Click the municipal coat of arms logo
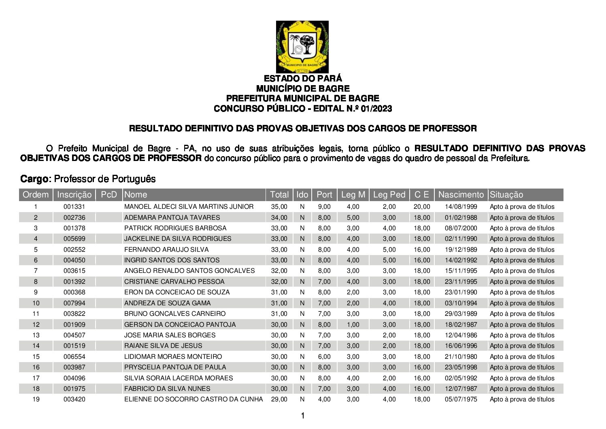(x=302, y=47)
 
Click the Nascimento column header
(x=461, y=195)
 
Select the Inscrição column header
(x=74, y=195)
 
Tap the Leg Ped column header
(x=389, y=195)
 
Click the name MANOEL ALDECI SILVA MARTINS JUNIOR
(x=189, y=207)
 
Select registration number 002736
(x=74, y=217)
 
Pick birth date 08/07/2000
(x=461, y=228)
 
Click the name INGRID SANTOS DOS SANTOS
(x=172, y=260)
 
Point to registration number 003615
(x=74, y=271)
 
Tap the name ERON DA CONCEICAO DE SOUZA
(x=176, y=292)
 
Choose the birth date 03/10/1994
(x=461, y=303)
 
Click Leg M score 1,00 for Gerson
(x=353, y=324)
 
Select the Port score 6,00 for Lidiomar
(x=324, y=357)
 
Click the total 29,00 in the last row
(x=279, y=399)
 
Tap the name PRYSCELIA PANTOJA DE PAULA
(x=175, y=367)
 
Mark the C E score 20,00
(x=422, y=207)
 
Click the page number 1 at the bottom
(x=302, y=416)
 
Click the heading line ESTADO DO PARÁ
(x=303, y=78)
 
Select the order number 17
(x=36, y=378)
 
